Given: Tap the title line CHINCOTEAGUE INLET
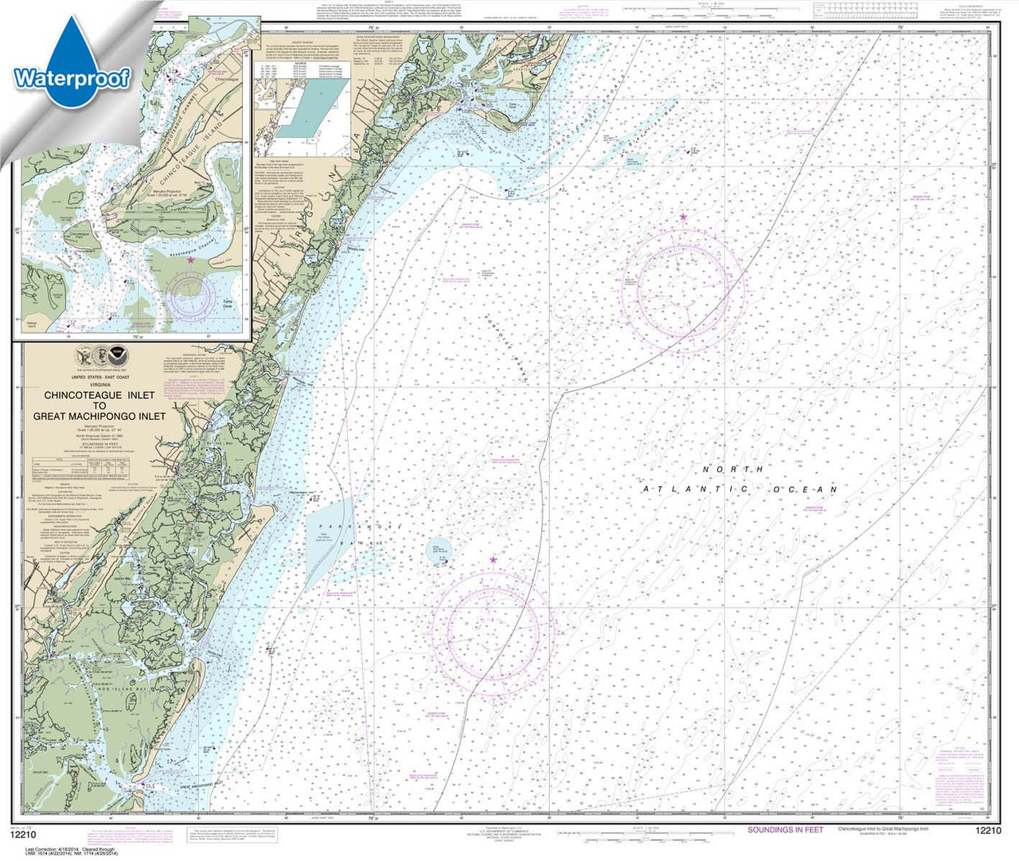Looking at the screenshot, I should click(x=100, y=395).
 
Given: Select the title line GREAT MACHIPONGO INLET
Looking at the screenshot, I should click(x=100, y=416).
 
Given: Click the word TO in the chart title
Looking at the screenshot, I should click(x=100, y=405).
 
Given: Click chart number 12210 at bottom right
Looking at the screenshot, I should click(x=987, y=831).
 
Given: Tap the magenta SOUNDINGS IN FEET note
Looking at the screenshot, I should click(x=785, y=830).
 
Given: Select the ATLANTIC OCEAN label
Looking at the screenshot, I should click(x=740, y=489).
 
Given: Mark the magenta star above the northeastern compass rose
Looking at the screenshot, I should click(x=683, y=217).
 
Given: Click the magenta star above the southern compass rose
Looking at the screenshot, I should click(x=493, y=560).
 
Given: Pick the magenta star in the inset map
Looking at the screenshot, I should click(x=190, y=260).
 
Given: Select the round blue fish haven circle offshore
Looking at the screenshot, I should click(x=438, y=548).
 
